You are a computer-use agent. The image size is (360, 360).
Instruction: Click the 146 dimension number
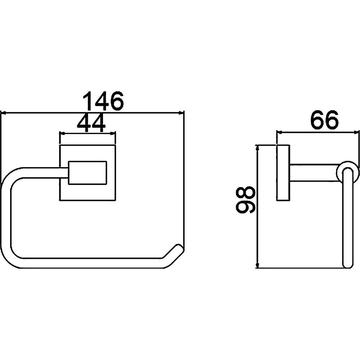pos(103,100)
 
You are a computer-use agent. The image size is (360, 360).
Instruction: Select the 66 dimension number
pos(324,120)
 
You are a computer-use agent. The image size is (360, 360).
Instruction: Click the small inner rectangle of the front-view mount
pos(87,173)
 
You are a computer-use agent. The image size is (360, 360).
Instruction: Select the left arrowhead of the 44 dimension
pos(62,133)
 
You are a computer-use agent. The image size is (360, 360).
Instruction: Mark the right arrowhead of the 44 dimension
pos(113,133)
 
